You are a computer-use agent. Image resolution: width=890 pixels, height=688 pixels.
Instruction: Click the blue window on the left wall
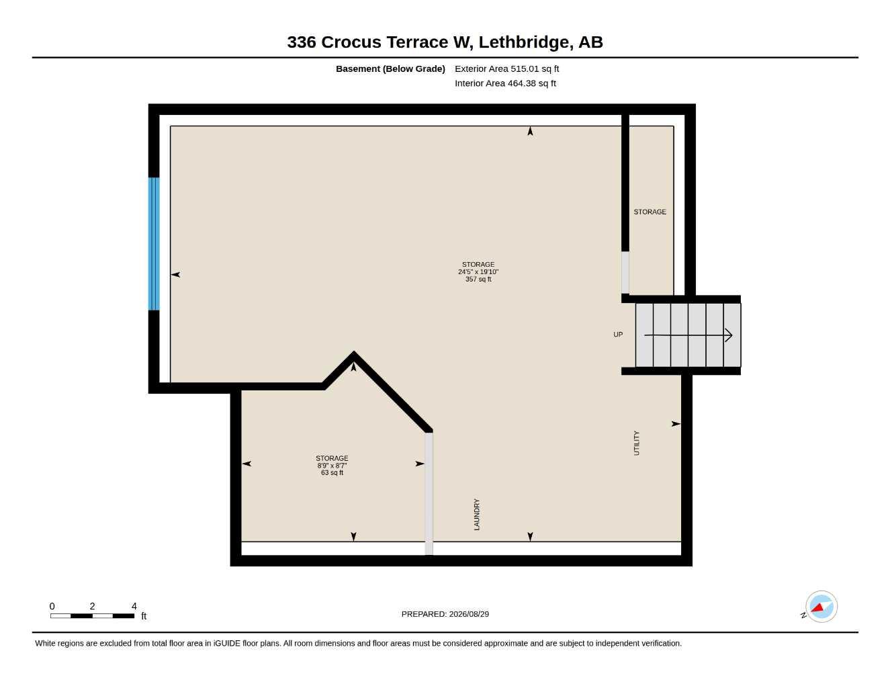click(154, 244)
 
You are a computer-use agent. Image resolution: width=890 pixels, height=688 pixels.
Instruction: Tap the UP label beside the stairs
click(618, 335)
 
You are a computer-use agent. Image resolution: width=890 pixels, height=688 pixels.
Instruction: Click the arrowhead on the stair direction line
click(729, 335)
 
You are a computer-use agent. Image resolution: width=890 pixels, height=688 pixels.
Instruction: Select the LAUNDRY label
click(477, 515)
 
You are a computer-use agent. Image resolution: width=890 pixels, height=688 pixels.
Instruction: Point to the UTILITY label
click(637, 443)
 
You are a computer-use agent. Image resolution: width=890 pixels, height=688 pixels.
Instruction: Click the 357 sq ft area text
click(478, 279)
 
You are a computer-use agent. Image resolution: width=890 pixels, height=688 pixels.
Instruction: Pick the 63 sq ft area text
click(332, 472)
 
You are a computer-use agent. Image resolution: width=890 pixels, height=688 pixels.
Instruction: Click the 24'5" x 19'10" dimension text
click(478, 272)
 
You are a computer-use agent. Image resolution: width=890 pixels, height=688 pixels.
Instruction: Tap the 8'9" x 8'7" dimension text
click(332, 466)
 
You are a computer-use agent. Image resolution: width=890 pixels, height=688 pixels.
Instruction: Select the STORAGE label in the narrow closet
click(650, 212)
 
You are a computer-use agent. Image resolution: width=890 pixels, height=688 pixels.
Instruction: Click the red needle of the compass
click(817, 607)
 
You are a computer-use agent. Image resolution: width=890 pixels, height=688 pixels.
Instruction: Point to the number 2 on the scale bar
click(92, 606)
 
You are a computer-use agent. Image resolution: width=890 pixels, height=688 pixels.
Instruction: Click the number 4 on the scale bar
click(134, 606)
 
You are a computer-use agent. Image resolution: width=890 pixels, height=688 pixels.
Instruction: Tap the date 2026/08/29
click(469, 614)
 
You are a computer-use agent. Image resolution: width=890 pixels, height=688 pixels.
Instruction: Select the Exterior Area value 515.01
click(524, 69)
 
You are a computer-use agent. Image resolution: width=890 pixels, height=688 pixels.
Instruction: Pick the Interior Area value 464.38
click(522, 83)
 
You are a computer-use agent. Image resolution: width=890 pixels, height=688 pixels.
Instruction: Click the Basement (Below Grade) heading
click(390, 69)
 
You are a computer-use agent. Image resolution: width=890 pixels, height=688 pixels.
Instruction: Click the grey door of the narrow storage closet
click(625, 272)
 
